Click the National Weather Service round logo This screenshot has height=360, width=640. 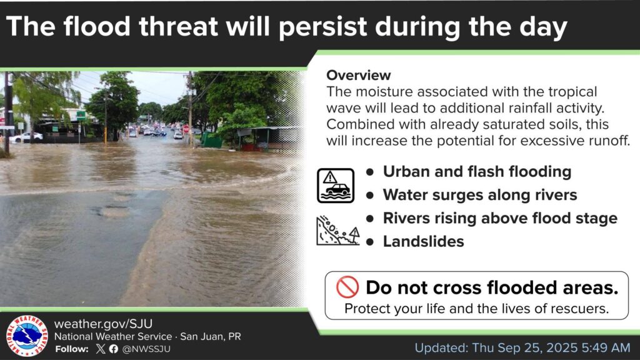27,336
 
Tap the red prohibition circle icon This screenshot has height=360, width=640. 347,287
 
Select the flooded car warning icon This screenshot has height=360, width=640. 336,186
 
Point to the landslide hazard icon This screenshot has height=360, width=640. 338,231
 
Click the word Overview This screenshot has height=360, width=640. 358,75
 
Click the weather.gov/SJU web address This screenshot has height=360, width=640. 103,324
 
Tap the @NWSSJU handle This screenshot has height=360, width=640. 146,349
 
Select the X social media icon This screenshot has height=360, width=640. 101,349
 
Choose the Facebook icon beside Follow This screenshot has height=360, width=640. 114,349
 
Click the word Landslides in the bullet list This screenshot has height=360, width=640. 423,241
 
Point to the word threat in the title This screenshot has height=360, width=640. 178,26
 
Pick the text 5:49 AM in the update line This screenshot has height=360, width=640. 606,347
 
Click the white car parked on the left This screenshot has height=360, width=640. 26,137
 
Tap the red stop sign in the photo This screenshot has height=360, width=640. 186,129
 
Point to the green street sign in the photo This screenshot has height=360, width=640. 81,115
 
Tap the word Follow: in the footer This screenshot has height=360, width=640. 72,349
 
